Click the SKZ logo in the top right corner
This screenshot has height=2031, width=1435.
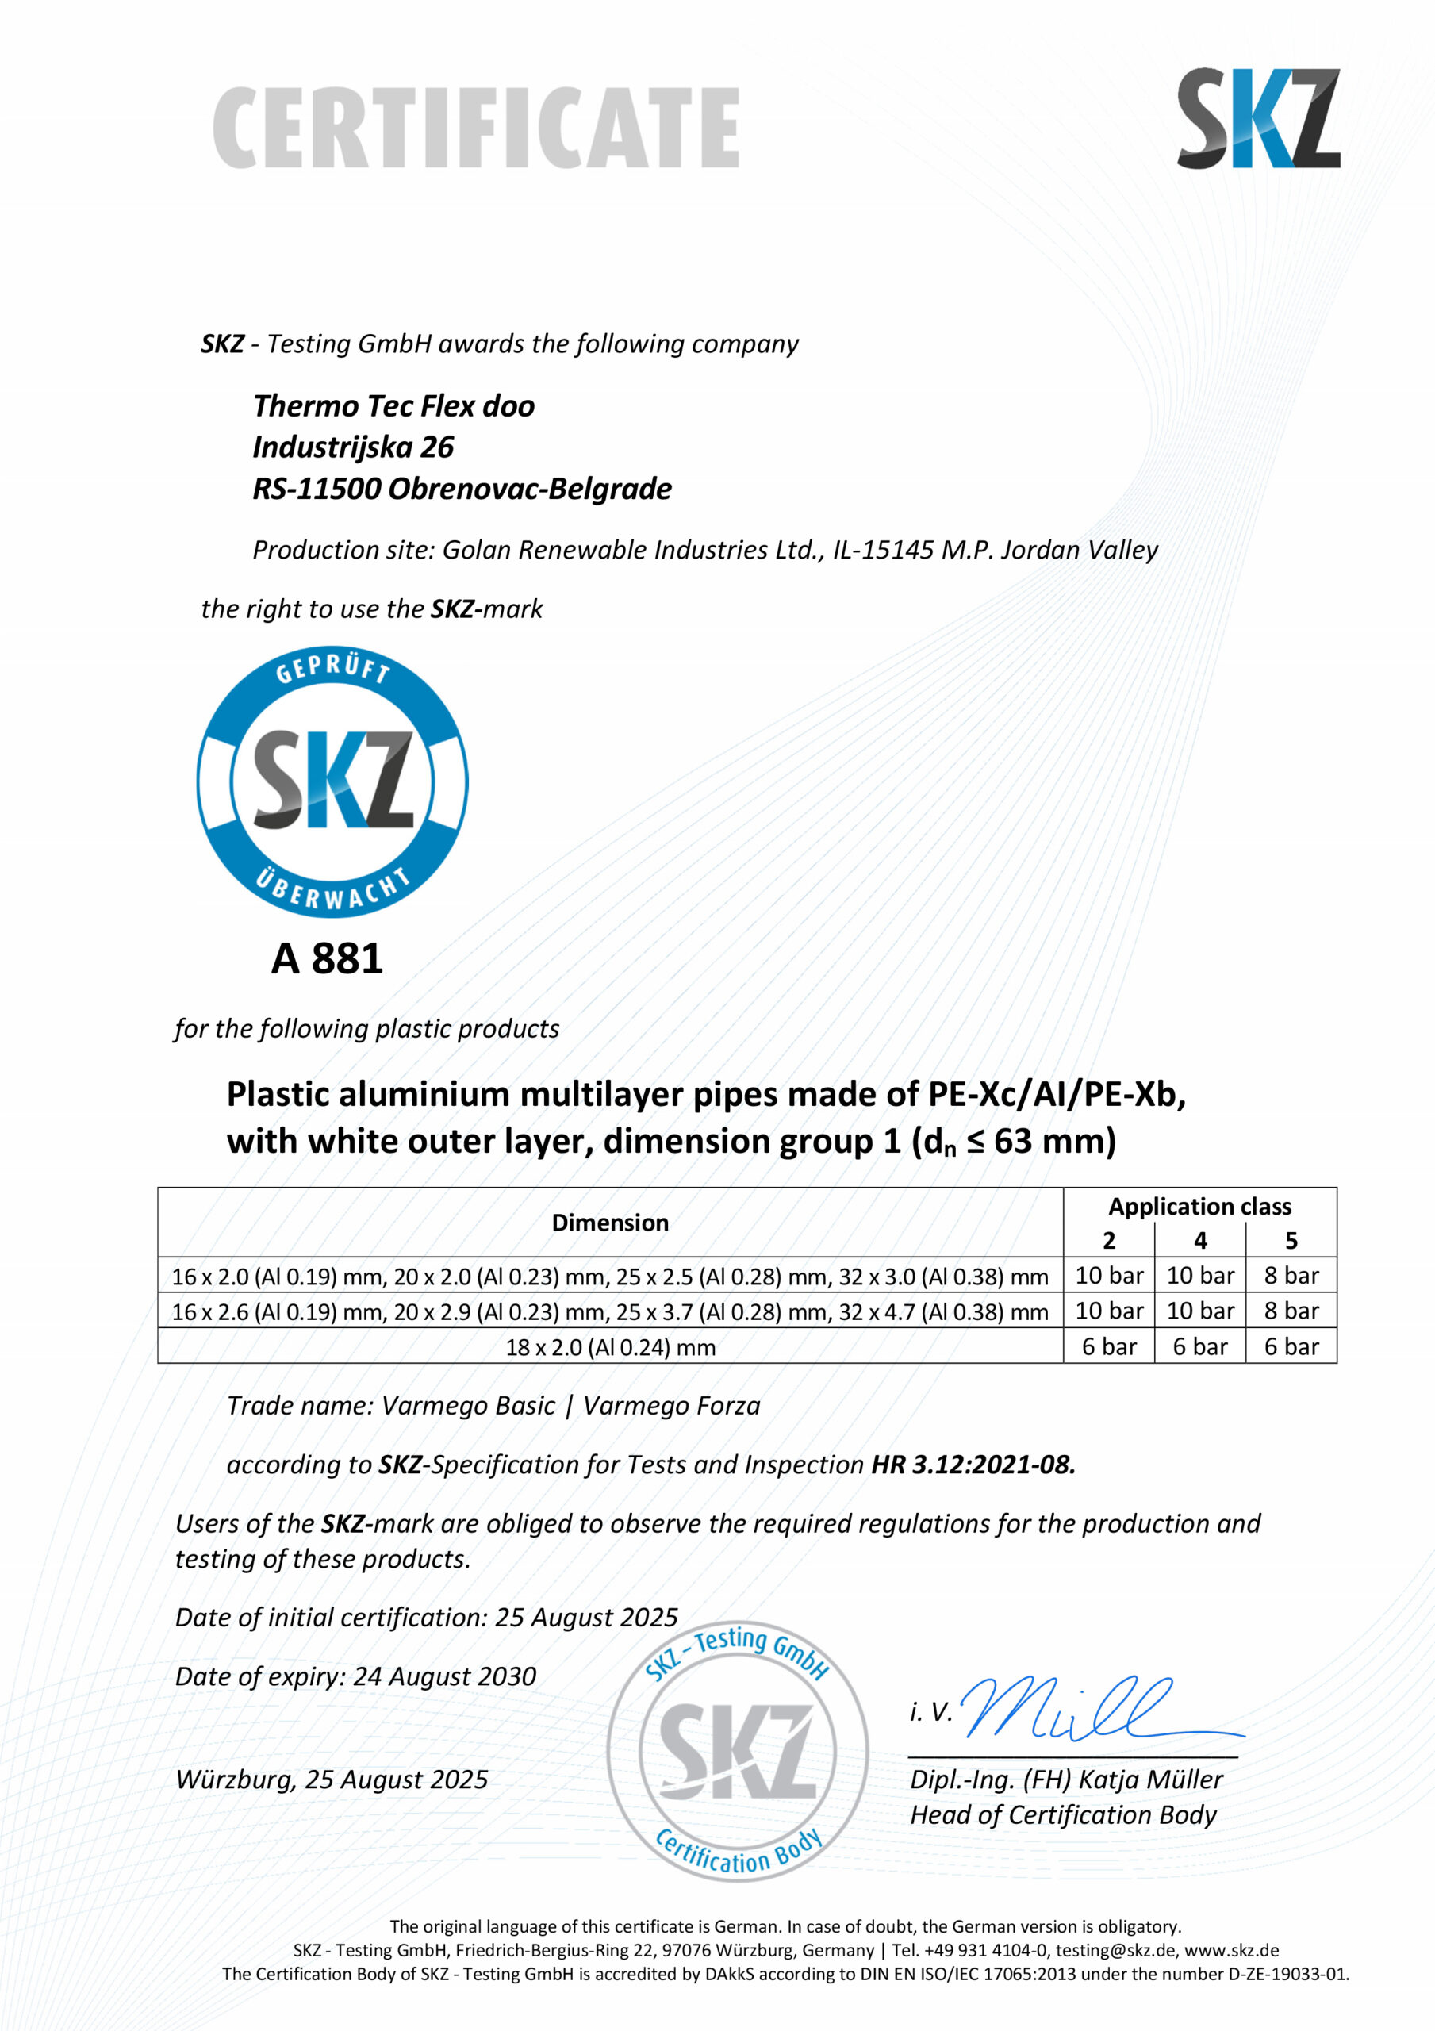tap(1257, 117)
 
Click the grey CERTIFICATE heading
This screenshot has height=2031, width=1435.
tap(476, 128)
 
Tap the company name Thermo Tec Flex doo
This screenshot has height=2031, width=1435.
tap(393, 406)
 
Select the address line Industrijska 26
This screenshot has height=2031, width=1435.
tap(353, 447)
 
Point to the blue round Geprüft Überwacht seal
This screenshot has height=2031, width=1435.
tap(332, 781)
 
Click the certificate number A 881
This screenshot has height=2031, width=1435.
tap(327, 958)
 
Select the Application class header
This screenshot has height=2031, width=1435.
tap(1199, 1207)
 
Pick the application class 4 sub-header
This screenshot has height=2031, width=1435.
tap(1199, 1240)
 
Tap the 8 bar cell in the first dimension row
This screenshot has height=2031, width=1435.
tap(1291, 1276)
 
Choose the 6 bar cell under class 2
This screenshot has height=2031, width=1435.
tap(1108, 1346)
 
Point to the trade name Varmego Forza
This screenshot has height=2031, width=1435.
tap(672, 1406)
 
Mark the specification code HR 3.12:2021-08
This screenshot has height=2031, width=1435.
tap(973, 1465)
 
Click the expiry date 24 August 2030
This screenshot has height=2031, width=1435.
tap(444, 1676)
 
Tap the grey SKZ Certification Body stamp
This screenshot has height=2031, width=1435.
tap(737, 1752)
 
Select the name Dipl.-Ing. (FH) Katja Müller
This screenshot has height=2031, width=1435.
tap(1066, 1780)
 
